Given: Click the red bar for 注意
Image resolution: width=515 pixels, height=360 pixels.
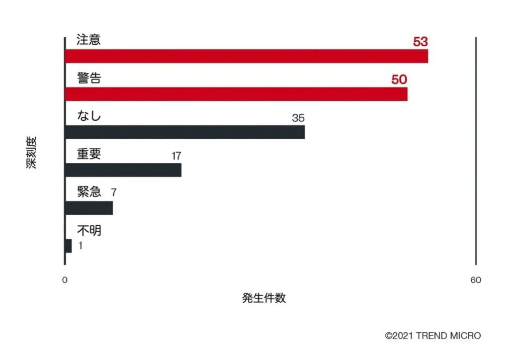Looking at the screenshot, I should [246, 56].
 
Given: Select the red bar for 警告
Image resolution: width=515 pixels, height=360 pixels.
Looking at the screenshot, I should [236, 94].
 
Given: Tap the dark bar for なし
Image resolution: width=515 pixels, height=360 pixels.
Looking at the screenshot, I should [185, 132].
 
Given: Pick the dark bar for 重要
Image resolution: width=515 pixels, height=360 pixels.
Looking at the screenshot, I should [123, 170].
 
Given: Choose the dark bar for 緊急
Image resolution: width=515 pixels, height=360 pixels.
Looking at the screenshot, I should [89, 208].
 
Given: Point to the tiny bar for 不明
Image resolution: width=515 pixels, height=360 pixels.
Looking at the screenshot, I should [68, 246].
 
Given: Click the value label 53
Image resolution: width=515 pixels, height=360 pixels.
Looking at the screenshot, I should [420, 42].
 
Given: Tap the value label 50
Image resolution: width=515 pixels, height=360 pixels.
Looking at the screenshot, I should [399, 79].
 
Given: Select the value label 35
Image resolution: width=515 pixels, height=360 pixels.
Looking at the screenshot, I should [298, 118].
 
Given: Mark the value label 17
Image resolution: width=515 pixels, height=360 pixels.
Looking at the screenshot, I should [176, 156].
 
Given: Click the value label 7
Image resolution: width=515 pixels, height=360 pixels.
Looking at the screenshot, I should [114, 193].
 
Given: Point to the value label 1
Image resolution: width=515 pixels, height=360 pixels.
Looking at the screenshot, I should [80, 246].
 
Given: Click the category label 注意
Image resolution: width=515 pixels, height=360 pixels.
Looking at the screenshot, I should [89, 40].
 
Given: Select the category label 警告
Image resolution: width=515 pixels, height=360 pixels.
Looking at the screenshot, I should [89, 78].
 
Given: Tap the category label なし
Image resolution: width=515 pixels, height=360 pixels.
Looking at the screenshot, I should [89, 116].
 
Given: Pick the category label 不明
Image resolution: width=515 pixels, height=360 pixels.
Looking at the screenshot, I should [89, 230].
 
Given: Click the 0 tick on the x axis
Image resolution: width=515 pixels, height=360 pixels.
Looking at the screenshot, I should [64, 281].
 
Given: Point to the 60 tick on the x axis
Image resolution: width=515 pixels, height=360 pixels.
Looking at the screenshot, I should [475, 281].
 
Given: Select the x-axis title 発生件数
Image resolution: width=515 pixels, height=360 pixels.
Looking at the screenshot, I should [264, 298].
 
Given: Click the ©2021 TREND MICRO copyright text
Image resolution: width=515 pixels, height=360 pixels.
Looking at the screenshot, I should [433, 335].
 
